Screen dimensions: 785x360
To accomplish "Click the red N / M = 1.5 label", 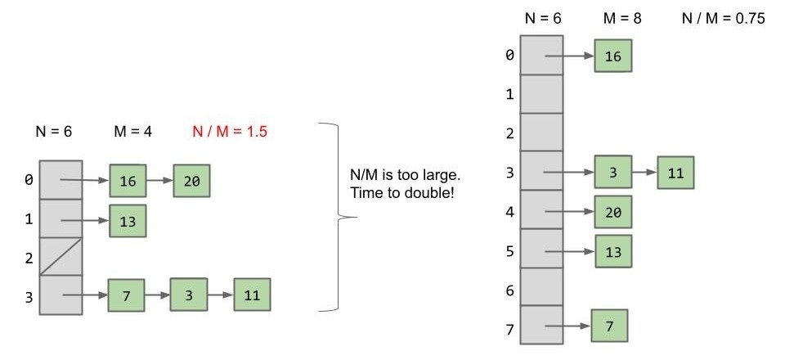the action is coord(230,132).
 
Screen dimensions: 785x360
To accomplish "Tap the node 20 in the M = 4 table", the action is coord(191,180).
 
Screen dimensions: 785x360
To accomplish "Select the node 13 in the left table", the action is coord(128,220).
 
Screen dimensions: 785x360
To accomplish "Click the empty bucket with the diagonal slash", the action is coord(61,256).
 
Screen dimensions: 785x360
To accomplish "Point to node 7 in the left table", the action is coord(126,295).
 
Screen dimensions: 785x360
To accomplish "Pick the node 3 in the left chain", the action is coord(188,295).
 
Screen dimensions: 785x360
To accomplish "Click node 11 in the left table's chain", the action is coord(252,295).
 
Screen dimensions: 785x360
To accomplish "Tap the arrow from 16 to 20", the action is coord(159,180).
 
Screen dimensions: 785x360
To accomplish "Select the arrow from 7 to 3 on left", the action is coord(158,295).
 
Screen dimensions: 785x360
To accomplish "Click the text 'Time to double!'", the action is coord(402,193).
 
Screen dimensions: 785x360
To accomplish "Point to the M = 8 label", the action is coord(622,19).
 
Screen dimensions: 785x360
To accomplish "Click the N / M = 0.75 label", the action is coord(724,19).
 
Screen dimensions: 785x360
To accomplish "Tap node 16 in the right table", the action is coord(612,56).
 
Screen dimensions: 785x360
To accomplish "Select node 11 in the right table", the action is coord(675,173).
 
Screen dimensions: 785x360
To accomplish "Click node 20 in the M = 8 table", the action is coord(612,212).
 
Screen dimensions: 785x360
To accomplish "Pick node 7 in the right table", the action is coord(609,326).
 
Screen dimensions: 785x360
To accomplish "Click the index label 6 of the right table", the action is coord(509,290).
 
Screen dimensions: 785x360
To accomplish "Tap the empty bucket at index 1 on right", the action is coord(541,93).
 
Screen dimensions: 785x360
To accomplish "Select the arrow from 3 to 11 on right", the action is coord(644,173).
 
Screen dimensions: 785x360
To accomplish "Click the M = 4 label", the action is coord(133,132).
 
